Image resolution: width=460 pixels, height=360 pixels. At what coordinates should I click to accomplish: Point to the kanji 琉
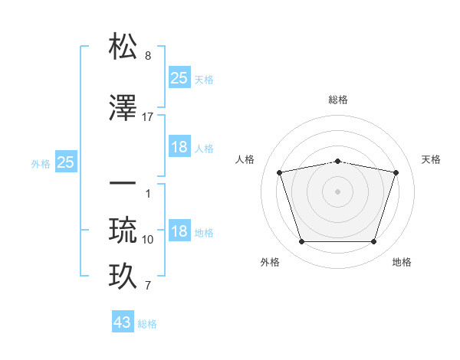coord(123,230)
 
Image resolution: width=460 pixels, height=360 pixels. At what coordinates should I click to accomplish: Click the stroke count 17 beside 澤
coord(148,117)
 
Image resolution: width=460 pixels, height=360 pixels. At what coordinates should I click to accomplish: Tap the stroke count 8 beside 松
coord(148,57)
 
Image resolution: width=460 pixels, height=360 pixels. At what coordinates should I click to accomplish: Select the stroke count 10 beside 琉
coord(148,240)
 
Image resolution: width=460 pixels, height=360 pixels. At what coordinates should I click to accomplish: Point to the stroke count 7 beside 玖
coord(148,286)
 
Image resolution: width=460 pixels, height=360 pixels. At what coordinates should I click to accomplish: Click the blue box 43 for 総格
coord(123,322)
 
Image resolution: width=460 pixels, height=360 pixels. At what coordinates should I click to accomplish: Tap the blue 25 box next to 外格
coord(66,162)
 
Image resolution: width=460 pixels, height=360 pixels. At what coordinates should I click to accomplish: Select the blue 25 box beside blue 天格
coord(179,77)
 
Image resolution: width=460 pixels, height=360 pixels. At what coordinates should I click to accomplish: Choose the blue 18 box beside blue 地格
coord(179,231)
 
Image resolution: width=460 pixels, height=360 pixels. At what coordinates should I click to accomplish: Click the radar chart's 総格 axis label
coord(338,100)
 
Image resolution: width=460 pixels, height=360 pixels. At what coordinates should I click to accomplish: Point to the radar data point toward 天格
coord(396,173)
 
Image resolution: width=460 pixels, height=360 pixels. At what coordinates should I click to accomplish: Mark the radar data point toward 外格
coord(301,242)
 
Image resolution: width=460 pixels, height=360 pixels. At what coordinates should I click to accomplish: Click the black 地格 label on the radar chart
coord(402,262)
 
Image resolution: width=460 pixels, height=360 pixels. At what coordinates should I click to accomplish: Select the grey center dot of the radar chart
coord(337,191)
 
